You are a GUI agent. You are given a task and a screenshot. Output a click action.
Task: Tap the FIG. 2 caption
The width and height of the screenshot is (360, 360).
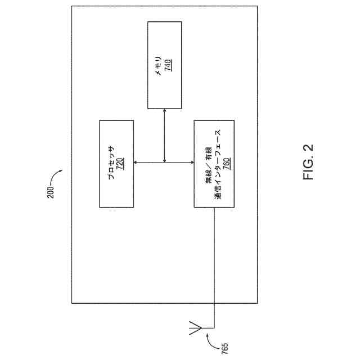click(x=310, y=163)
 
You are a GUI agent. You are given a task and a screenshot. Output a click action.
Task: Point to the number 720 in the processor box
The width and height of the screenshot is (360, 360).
click(x=120, y=163)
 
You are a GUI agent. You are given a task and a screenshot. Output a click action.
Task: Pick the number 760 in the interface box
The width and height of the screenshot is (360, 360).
click(x=226, y=163)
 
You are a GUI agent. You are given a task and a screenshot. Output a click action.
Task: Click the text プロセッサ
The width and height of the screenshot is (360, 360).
click(x=111, y=163)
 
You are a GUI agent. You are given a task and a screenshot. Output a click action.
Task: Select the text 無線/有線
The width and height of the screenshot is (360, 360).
click(x=208, y=163)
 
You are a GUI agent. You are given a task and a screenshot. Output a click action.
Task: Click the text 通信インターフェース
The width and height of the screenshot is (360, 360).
click(x=217, y=163)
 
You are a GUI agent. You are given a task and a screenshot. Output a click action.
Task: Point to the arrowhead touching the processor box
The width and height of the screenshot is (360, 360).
click(x=137, y=163)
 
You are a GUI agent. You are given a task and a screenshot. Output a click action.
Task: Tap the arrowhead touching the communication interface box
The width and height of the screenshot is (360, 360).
click(x=191, y=163)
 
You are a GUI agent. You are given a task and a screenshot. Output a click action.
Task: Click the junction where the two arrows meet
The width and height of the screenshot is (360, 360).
click(x=164, y=163)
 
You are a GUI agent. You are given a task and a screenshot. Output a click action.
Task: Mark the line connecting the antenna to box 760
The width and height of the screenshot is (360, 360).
click(x=214, y=264)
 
